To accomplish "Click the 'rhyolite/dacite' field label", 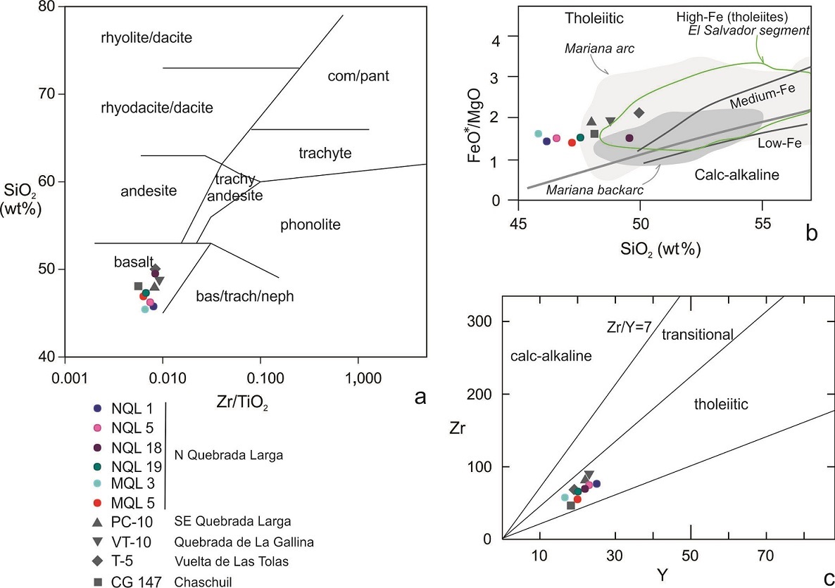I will click(146, 38).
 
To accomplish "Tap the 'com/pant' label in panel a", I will click(358, 75).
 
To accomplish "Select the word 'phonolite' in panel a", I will click(310, 225).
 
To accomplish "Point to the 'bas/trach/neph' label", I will click(245, 297).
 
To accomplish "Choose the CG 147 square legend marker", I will click(98, 581).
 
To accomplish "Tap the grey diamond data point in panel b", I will click(639, 113).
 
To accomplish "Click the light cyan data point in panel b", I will click(539, 134).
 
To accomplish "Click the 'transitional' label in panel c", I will click(698, 335).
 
